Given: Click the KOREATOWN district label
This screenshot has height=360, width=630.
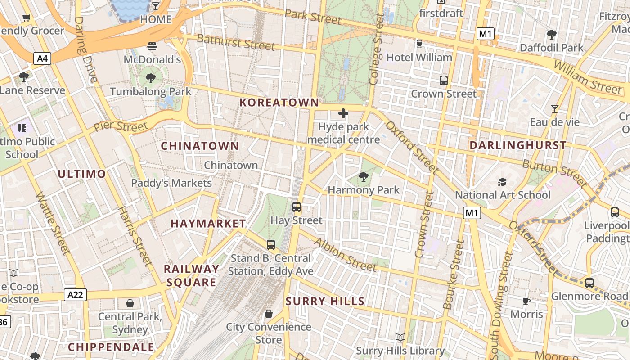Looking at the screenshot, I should [279, 103].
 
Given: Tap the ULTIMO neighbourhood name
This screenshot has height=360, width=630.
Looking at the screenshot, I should [82, 174].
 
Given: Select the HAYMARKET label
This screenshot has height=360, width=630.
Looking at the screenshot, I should [208, 224].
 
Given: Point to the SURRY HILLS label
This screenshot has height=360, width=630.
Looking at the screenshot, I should [325, 301].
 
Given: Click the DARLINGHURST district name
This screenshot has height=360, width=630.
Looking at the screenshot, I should [517, 145].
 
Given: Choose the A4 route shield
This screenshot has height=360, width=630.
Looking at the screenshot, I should [42, 58].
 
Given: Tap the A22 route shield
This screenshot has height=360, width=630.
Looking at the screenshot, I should [75, 295].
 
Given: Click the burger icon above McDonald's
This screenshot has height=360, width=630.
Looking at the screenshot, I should [152, 46].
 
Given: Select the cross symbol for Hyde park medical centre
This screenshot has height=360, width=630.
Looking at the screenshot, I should [343, 113].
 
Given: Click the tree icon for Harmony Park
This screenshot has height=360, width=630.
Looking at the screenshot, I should [363, 177].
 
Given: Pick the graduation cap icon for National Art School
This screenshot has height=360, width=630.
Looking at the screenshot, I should [502, 182].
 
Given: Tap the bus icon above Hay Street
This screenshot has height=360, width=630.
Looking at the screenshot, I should [296, 207].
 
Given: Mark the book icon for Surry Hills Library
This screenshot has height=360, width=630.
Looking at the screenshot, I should [400, 337].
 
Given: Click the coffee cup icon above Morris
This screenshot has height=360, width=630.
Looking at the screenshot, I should [526, 301].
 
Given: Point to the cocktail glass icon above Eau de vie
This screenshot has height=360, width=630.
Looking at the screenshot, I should [554, 109].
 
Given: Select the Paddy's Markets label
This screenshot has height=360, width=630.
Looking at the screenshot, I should [171, 183].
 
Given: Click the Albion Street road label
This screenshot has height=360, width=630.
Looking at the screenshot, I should [345, 255].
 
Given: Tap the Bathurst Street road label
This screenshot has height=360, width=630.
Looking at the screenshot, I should [236, 42].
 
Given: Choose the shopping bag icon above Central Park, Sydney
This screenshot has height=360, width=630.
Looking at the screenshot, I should [130, 303].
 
